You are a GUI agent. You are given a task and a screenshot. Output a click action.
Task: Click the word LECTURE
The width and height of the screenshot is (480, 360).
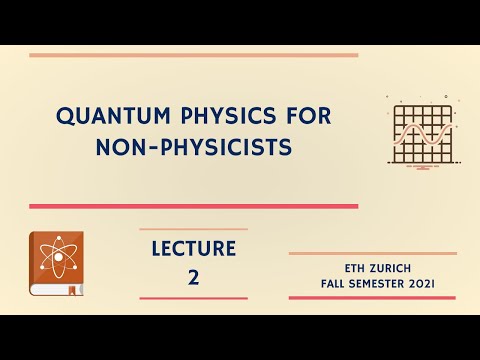pyautogui.click(x=193, y=248)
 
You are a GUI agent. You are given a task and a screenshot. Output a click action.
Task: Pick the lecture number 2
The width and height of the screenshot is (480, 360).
pyautogui.click(x=193, y=277)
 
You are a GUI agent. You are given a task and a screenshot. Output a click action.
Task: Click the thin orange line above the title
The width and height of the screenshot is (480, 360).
pyautogui.click(x=193, y=56)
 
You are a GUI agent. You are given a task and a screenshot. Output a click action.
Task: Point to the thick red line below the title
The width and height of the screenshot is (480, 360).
pyautogui.click(x=193, y=206)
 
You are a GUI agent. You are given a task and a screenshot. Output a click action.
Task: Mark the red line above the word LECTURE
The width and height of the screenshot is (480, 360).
pyautogui.click(x=193, y=228)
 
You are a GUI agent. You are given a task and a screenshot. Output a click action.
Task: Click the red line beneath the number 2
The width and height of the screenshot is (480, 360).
pyautogui.click(x=193, y=298)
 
